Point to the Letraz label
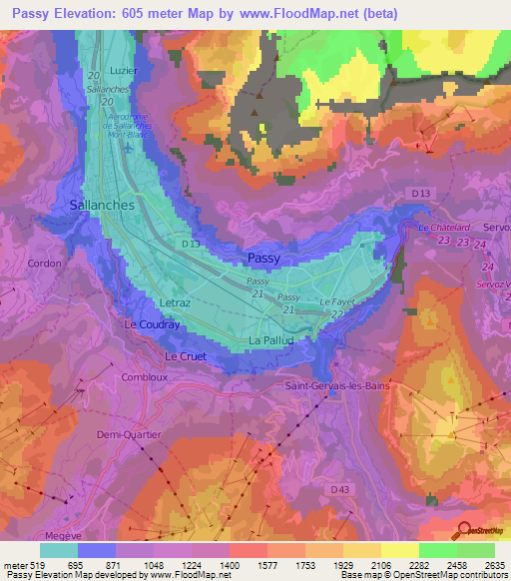tap(174, 300)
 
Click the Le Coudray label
tap(152, 325)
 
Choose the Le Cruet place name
tap(185, 355)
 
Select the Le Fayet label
tap(337, 301)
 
